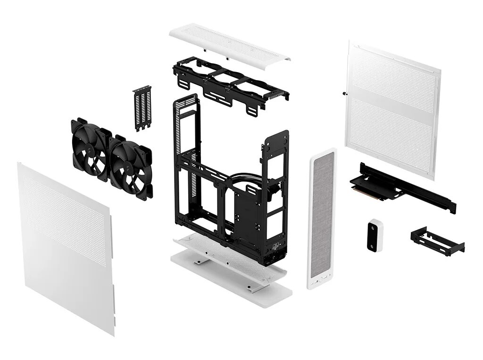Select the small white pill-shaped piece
point(375,235)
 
